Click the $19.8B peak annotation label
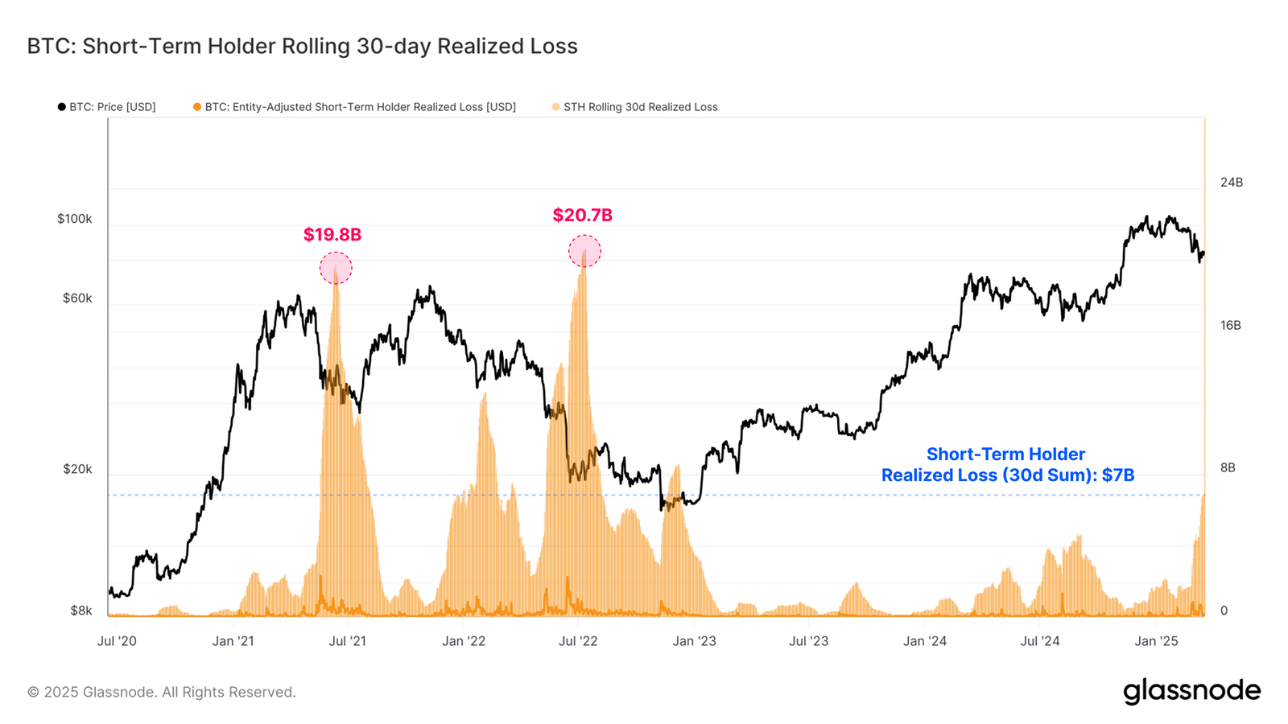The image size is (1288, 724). coord(332,235)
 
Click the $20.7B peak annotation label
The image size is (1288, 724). coord(582,216)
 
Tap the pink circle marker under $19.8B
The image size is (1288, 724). coord(336,268)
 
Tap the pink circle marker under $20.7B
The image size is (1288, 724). coord(584,251)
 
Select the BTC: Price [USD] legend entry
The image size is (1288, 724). coord(106,107)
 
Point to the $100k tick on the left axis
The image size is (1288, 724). coord(74,219)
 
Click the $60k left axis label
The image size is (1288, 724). coord(77,298)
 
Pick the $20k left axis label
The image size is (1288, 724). coord(77,469)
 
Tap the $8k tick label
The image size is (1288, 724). coord(80,611)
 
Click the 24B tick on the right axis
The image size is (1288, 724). coord(1231,183)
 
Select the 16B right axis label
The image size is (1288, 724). coord(1230,326)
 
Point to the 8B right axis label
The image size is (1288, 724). coord(1227,468)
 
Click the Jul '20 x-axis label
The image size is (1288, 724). coord(117,641)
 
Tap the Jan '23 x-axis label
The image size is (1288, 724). coord(694,641)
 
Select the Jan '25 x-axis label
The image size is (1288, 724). coord(1156,641)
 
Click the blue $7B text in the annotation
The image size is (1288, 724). coord(1118,475)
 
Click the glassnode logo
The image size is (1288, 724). coord(1191,691)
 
